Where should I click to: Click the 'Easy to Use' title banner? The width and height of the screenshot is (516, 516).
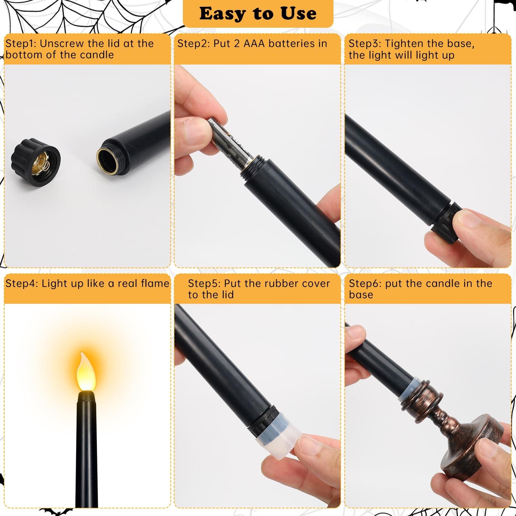[x=258, y=14]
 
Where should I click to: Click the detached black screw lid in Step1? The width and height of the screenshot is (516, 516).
[x=35, y=163]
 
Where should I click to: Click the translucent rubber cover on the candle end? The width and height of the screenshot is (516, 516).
[x=277, y=437]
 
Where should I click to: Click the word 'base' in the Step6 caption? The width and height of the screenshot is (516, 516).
[x=361, y=294]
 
